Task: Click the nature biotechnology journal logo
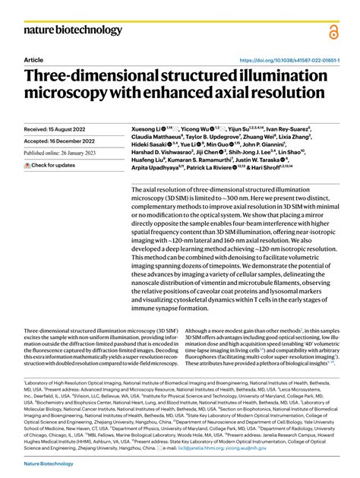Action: click(74, 30)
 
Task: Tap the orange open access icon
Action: click(333, 30)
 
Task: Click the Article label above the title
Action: click(33, 59)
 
